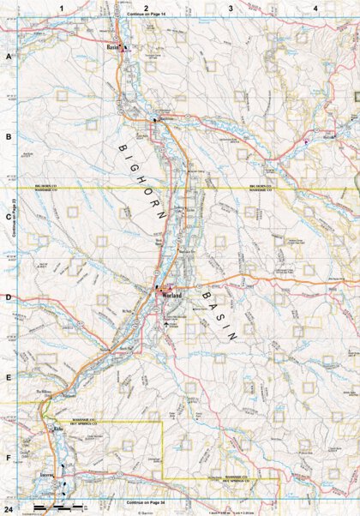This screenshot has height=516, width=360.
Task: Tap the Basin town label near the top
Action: (112, 46)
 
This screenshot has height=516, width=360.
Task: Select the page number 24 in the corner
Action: (8, 510)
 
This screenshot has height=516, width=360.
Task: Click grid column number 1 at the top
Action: (62, 8)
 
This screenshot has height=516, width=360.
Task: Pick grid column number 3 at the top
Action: (230, 8)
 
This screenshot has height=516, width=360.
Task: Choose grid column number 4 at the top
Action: (315, 8)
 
